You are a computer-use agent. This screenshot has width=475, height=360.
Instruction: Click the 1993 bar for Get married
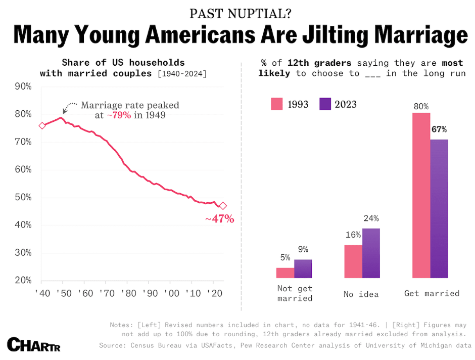point(421,195)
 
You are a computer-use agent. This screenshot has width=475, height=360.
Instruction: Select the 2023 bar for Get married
point(439,208)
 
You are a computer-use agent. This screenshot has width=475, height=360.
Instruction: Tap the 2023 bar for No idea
point(371,253)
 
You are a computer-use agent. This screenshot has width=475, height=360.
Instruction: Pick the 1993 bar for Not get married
point(285,273)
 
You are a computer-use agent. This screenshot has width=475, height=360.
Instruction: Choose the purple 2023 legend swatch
point(325,104)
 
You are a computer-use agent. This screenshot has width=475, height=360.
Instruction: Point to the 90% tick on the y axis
point(23,86)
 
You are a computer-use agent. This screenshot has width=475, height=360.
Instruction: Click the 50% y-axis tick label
point(23,197)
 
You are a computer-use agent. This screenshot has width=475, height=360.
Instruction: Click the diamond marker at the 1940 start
point(42,125)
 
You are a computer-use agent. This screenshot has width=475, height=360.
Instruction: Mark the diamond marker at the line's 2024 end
point(223,206)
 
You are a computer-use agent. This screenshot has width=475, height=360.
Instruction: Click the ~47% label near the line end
point(219,219)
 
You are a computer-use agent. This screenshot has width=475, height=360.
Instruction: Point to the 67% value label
point(439,129)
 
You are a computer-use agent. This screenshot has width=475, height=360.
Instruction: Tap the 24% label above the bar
point(371,218)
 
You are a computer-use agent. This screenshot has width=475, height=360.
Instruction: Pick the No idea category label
point(361,294)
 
